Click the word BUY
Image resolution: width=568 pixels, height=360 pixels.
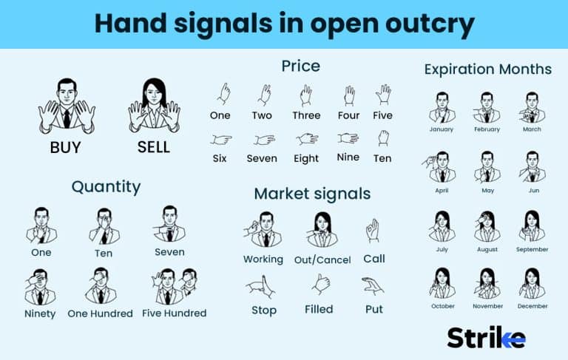click(x=65, y=147)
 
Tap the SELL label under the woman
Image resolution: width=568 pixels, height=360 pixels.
click(x=153, y=147)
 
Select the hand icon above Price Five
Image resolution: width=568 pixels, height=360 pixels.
click(x=382, y=95)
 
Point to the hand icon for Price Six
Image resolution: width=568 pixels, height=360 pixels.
click(x=220, y=138)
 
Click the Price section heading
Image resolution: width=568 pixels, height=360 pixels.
click(x=300, y=66)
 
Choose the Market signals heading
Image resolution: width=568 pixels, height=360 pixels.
click(x=312, y=194)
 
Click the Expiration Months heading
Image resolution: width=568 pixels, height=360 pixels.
click(x=487, y=69)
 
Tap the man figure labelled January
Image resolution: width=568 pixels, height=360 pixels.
click(x=442, y=107)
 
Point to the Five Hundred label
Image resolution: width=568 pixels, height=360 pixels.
click(x=174, y=313)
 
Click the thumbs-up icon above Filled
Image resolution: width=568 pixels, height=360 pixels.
click(x=319, y=284)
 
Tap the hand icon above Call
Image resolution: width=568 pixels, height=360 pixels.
click(x=373, y=231)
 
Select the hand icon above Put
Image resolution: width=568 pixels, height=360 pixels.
click(x=373, y=285)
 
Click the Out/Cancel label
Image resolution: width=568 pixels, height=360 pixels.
click(x=323, y=259)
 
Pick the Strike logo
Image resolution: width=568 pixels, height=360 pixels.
click(x=486, y=338)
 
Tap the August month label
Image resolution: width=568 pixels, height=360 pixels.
click(x=487, y=250)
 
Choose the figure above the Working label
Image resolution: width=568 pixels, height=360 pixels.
click(x=262, y=230)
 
